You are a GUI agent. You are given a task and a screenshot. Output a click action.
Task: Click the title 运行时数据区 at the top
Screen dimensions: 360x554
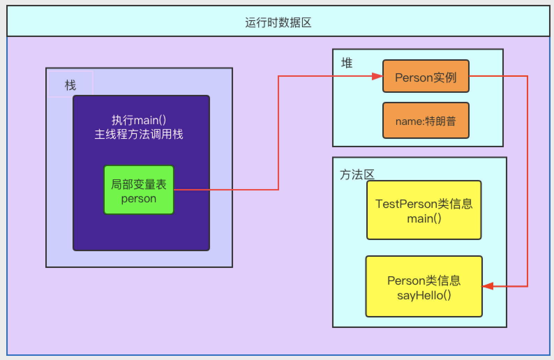point(278,23)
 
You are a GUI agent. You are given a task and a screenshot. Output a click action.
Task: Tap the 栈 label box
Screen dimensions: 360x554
point(70,85)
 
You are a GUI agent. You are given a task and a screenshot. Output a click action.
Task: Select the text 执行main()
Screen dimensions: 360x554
point(139,120)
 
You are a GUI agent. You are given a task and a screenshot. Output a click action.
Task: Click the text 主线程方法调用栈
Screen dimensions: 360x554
point(139,134)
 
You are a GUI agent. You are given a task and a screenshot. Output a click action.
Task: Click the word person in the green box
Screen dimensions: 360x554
point(138,199)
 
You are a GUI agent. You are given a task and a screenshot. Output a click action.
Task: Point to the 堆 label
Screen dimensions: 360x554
point(347,63)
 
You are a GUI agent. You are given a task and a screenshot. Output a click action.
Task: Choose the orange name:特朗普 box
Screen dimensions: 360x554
point(426,121)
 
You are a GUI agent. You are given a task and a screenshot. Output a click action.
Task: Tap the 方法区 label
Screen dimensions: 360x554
point(357,174)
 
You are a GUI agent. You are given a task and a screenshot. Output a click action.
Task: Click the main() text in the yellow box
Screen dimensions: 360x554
point(424,219)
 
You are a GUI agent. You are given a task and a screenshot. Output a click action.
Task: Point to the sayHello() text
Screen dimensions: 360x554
point(424,295)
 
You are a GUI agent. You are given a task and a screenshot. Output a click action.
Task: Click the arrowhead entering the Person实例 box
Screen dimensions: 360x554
point(377,76)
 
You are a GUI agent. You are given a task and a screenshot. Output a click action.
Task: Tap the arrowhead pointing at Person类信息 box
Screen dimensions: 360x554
point(488,286)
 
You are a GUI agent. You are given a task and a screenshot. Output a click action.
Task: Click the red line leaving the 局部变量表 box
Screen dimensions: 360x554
point(227,190)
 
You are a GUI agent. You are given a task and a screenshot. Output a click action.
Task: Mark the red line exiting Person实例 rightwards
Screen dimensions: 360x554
point(499,76)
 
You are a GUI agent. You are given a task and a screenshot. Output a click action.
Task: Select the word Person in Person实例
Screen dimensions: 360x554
point(410,77)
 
